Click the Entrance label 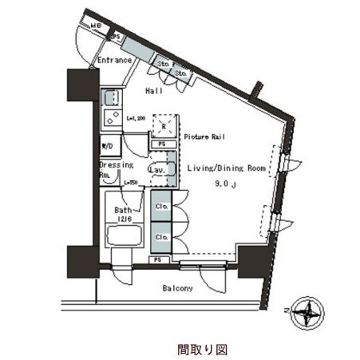click(x=114, y=61)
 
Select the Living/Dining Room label click(x=225, y=169)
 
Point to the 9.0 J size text click(x=226, y=185)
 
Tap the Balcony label click(x=177, y=287)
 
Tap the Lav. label click(x=156, y=171)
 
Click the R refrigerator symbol click(x=163, y=126)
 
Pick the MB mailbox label click(x=95, y=26)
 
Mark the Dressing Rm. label click(x=111, y=169)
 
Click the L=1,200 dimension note click(x=136, y=118)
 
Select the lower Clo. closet click(x=160, y=236)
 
